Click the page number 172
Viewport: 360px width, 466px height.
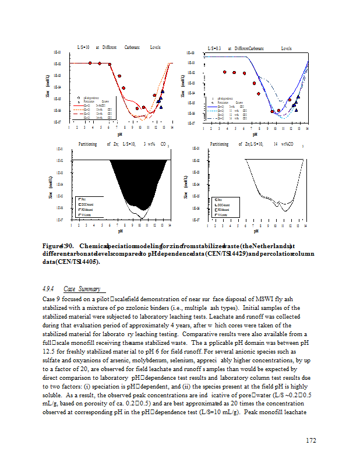[x=310, y=440]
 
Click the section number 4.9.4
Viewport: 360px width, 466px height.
[x=48, y=289]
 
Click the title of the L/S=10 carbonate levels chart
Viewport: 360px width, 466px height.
[x=119, y=47]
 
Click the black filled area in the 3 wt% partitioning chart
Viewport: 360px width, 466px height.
[x=134, y=175]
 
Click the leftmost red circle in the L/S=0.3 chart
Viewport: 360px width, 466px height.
[x=224, y=72]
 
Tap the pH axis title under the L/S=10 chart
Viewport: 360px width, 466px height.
[x=119, y=133]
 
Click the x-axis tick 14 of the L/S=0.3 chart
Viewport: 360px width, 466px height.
[x=306, y=128]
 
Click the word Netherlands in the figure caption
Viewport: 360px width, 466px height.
[x=269, y=246]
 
